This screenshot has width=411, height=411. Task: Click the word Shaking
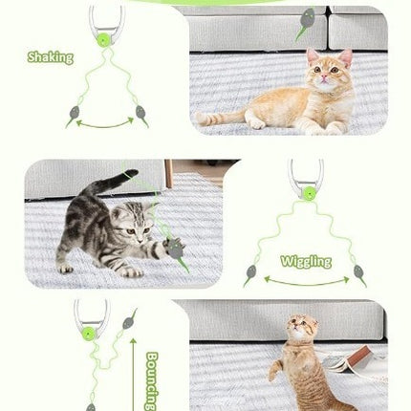click(51, 57)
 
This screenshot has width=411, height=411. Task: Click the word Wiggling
click(306, 261)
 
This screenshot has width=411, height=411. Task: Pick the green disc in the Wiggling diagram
click(308, 196)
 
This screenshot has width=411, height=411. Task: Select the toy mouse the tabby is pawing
click(176, 249)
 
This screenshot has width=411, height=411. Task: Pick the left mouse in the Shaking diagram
click(72, 116)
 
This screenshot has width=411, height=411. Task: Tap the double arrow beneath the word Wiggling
click(306, 281)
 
